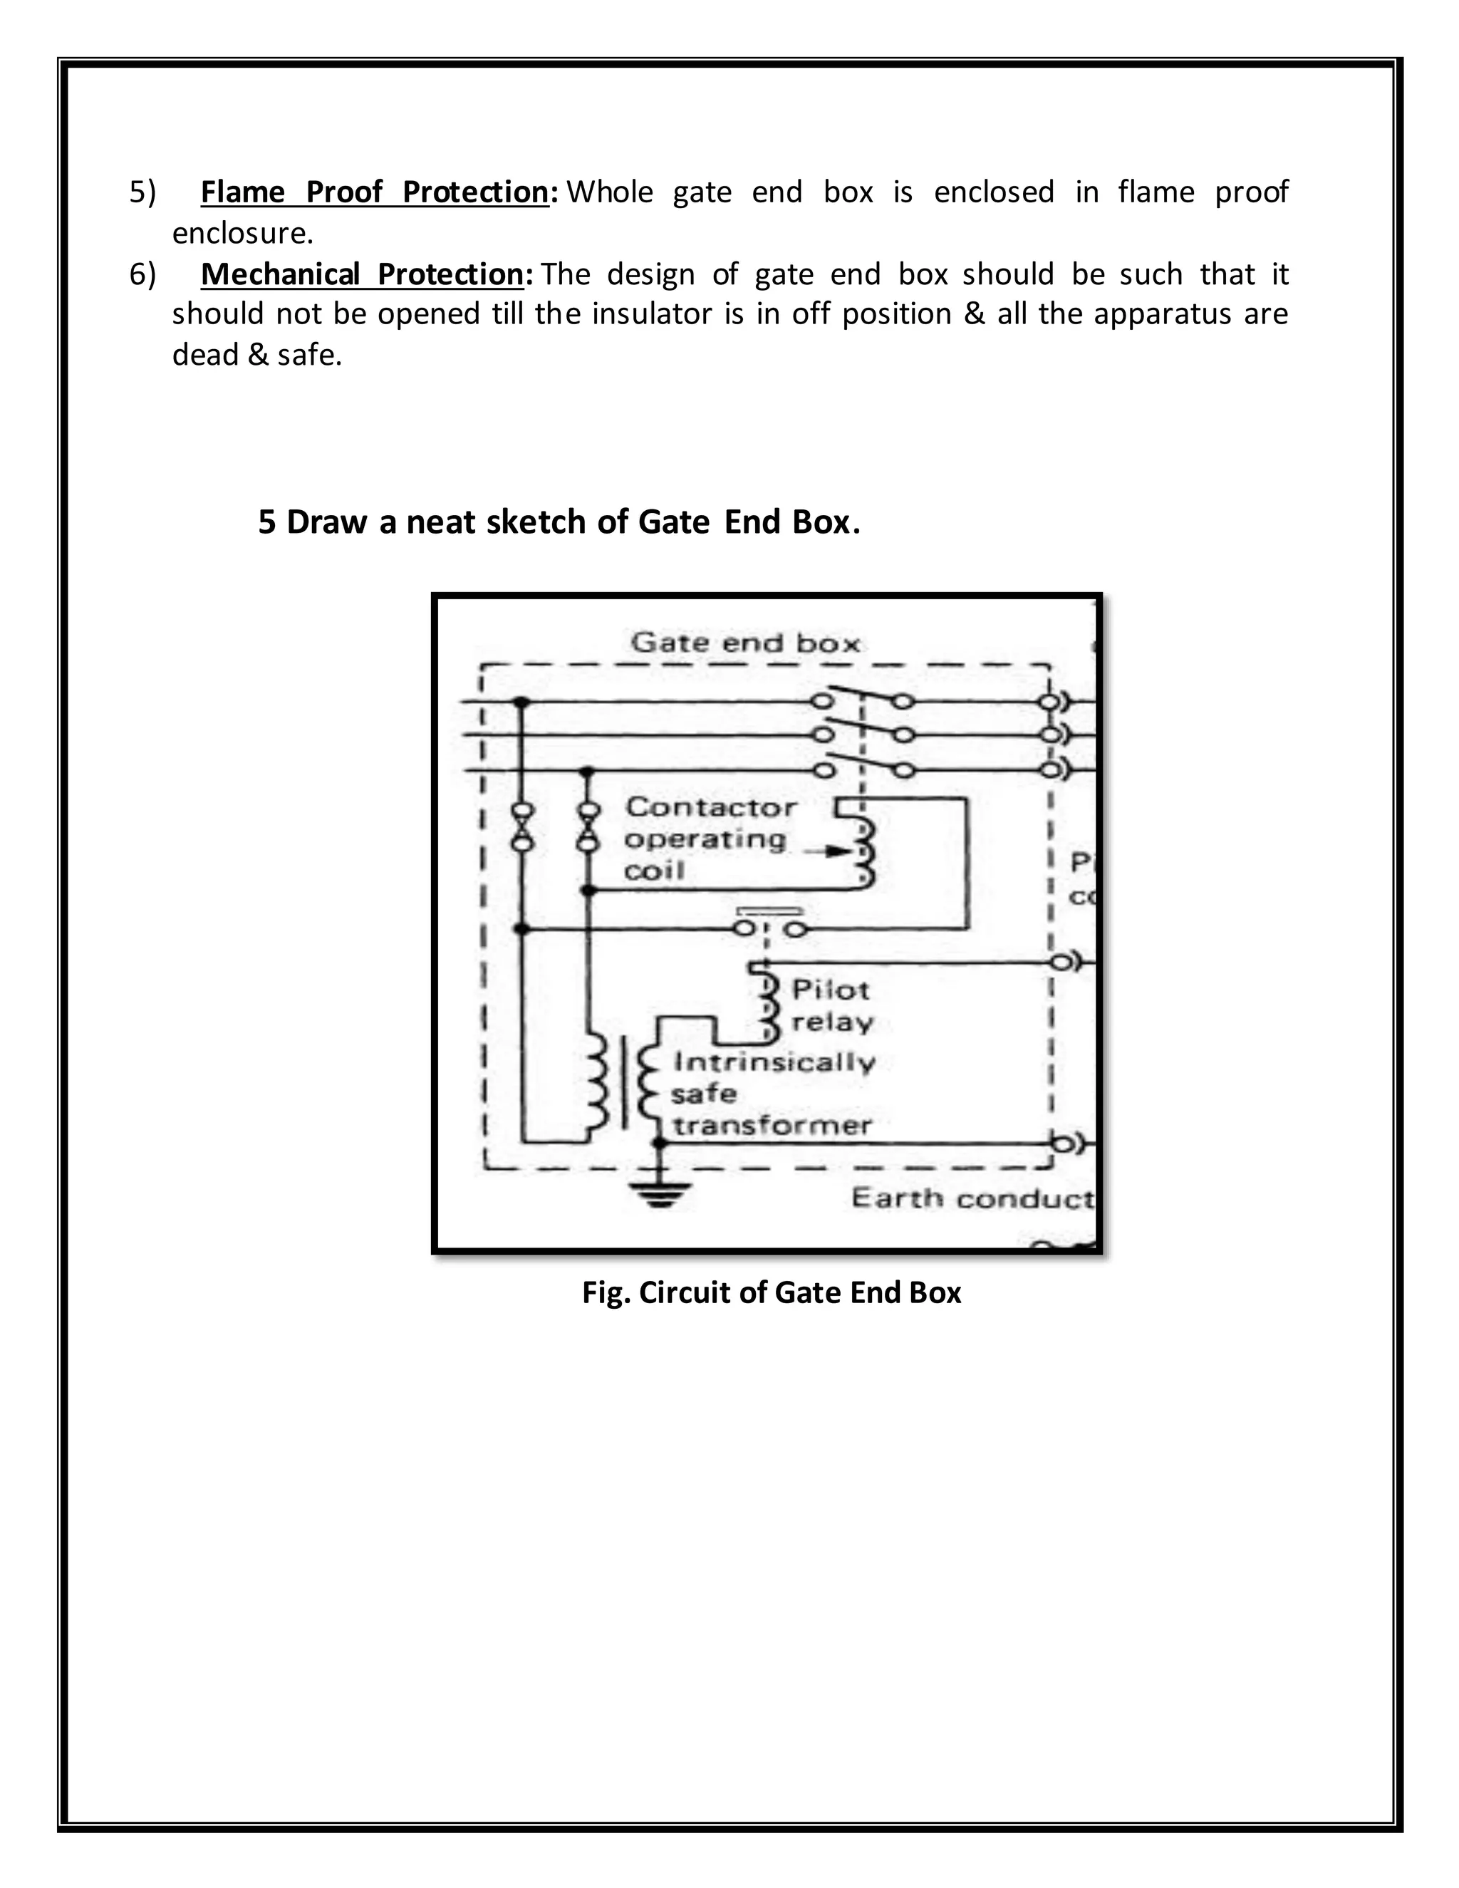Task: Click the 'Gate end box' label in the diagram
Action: (745, 643)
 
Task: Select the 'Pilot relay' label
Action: (831, 1005)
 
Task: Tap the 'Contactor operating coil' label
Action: (710, 839)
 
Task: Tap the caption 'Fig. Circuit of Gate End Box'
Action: (771, 1292)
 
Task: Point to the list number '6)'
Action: (142, 275)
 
